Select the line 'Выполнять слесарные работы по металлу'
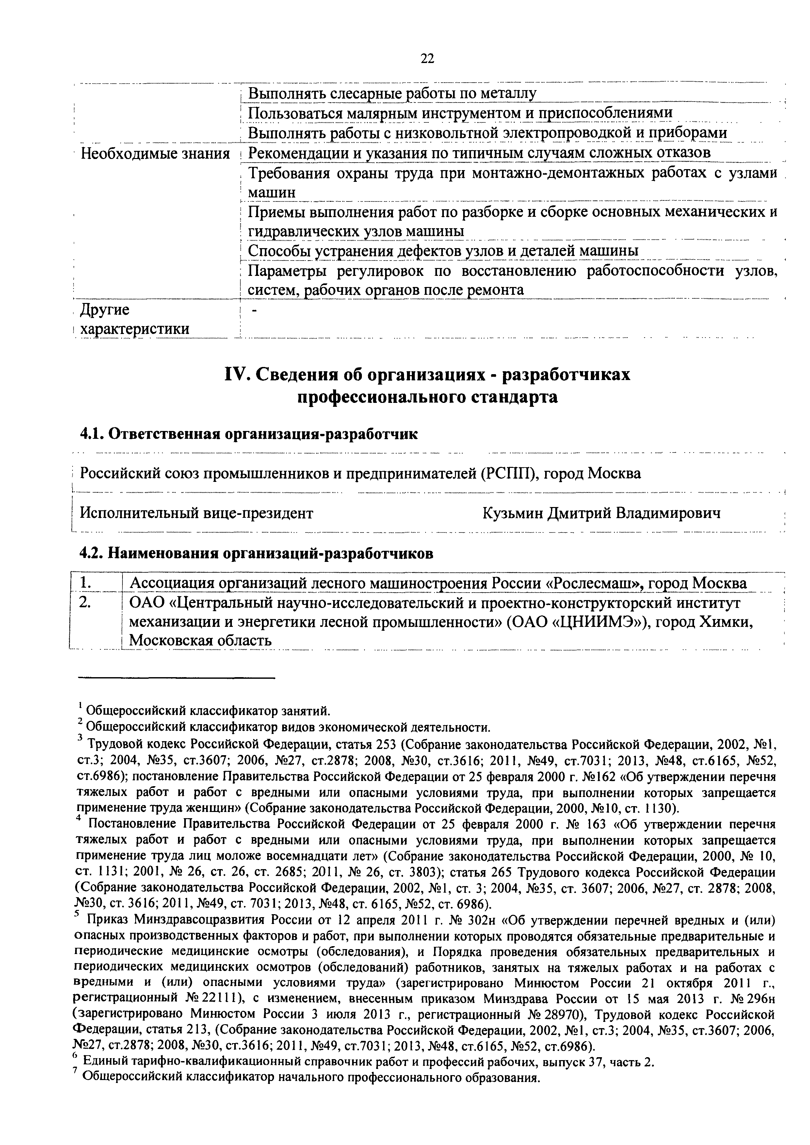[392, 93]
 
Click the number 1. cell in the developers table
[86, 582]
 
